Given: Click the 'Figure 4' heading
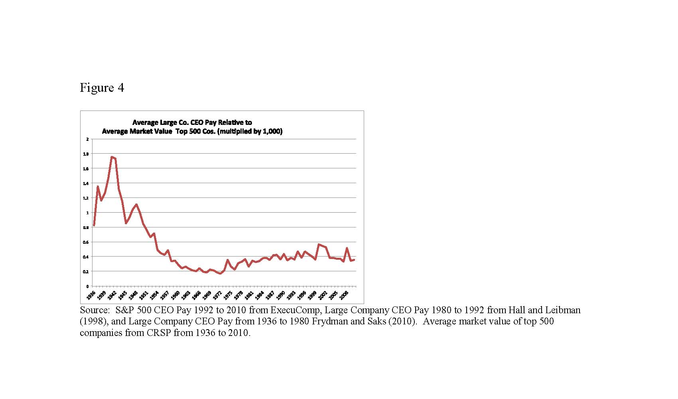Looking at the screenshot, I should click(x=102, y=87).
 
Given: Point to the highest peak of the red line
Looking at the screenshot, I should click(x=112, y=157).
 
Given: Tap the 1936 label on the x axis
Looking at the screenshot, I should click(x=91, y=295).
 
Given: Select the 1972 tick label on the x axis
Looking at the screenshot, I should click(x=217, y=295).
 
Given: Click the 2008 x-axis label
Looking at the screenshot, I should click(x=343, y=295).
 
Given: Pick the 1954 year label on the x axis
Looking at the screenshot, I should click(x=154, y=295).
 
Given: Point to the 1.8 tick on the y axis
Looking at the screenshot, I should click(x=86, y=154).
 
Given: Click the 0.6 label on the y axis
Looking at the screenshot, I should click(x=86, y=242).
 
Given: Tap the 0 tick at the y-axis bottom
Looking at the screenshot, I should click(x=87, y=286).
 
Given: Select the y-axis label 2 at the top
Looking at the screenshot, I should click(x=87, y=139).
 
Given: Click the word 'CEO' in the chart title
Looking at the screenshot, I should click(x=196, y=122).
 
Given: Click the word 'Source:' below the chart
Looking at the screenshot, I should click(x=95, y=310).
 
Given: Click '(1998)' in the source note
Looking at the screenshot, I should click(x=94, y=321).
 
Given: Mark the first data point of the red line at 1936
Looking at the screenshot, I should click(x=94, y=225).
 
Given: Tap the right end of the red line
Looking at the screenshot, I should click(x=354, y=260).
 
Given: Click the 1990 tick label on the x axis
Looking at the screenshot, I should click(x=280, y=295).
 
